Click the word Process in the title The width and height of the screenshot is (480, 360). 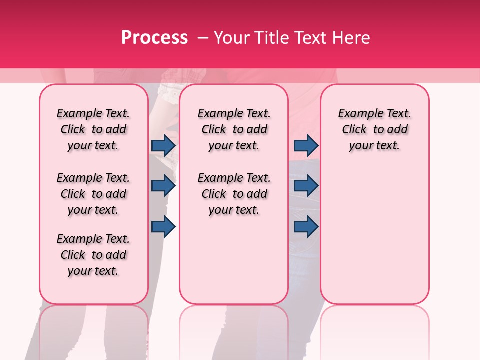click(154, 38)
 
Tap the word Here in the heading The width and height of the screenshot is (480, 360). click(352, 38)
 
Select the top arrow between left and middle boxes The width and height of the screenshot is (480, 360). click(163, 145)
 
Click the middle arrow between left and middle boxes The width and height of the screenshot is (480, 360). click(163, 186)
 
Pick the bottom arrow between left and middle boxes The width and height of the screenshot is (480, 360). click(163, 227)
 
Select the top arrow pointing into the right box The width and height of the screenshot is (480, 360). click(306, 145)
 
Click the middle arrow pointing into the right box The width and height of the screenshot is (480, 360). click(306, 186)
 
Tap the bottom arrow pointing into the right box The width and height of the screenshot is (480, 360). click(306, 227)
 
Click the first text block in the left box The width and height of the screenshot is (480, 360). click(93, 129)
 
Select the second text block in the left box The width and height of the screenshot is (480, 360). click(93, 194)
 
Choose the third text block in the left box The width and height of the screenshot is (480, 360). click(93, 255)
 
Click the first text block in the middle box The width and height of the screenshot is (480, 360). click(234, 129)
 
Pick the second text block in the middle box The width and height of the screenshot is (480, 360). click(234, 194)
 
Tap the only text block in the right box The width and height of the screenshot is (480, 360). click(374, 129)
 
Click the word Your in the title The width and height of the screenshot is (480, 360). click(231, 38)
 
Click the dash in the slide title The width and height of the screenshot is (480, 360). click(203, 38)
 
